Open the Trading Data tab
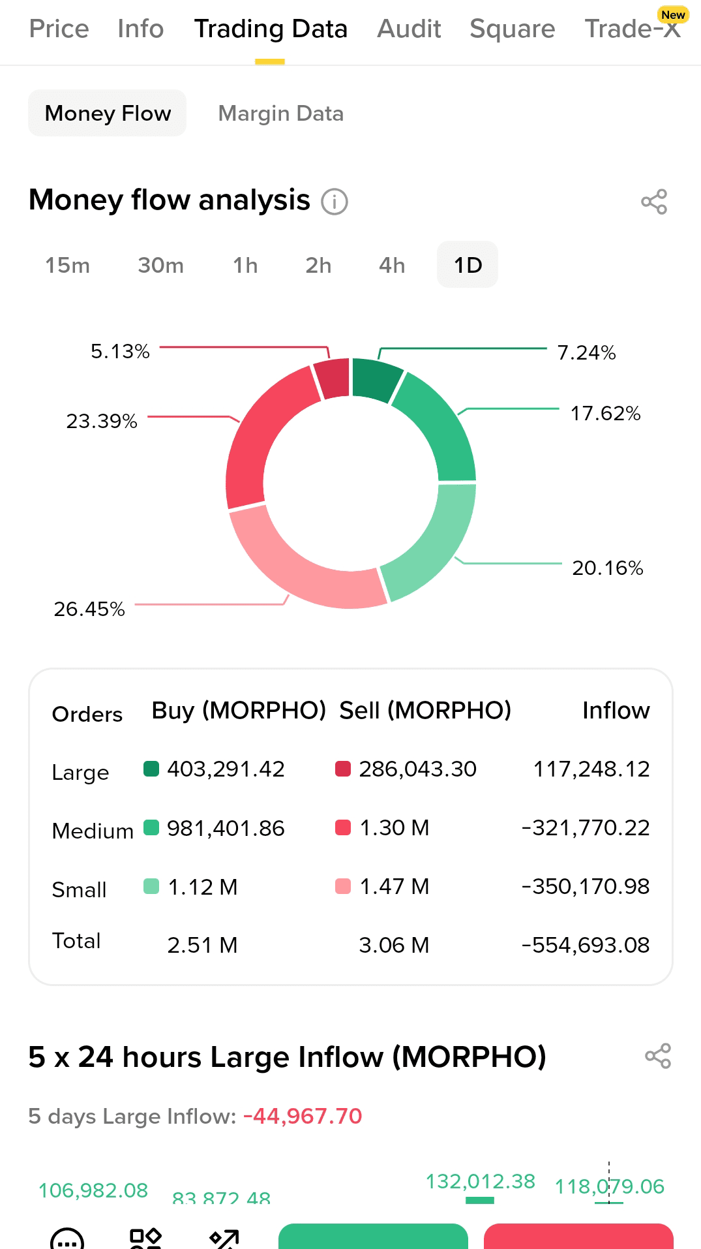tap(271, 29)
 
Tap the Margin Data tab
tap(280, 114)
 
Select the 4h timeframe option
tap(392, 266)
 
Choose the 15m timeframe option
tap(67, 266)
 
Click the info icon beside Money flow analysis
tap(335, 202)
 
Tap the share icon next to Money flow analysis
tap(654, 202)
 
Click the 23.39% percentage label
tap(102, 422)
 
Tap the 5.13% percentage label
tap(120, 352)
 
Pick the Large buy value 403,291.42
tap(226, 769)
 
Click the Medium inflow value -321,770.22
tap(586, 828)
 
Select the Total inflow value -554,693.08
tap(586, 946)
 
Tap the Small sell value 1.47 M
tap(394, 887)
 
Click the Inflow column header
tap(616, 711)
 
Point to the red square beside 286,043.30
tap(343, 769)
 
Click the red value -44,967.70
tap(303, 1117)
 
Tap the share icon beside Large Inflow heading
tap(658, 1056)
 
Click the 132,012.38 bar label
tap(480, 1182)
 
